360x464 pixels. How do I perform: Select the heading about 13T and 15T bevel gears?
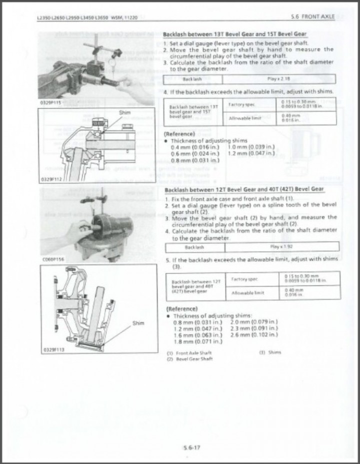click(235, 34)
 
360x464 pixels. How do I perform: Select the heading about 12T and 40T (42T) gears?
click(243, 189)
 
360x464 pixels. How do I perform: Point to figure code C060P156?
click(51, 259)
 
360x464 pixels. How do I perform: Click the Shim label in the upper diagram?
click(124, 113)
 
